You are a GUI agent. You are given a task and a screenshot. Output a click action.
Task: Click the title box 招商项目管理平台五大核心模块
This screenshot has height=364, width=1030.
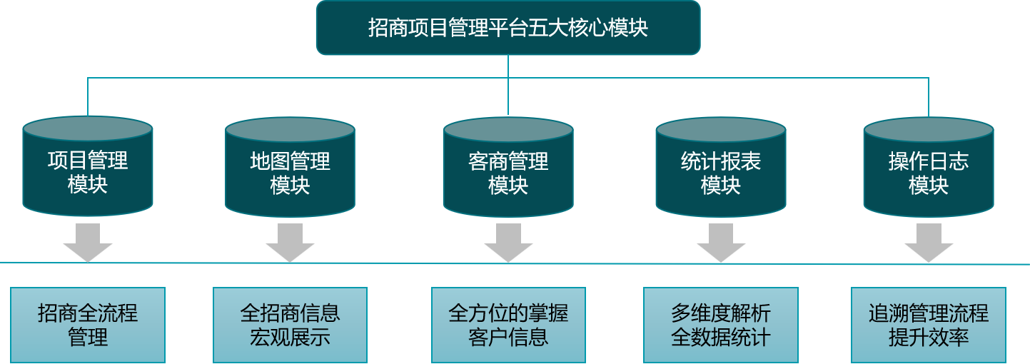click(x=508, y=28)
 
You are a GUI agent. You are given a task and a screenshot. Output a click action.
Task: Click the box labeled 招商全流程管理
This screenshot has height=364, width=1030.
click(x=88, y=325)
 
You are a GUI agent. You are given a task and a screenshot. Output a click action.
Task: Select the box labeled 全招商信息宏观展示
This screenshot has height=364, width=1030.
click(x=290, y=325)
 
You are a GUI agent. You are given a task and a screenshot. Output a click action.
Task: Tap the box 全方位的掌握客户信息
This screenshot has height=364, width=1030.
click(x=508, y=325)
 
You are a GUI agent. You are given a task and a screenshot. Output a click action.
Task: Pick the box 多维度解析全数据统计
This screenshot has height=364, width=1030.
click(x=720, y=325)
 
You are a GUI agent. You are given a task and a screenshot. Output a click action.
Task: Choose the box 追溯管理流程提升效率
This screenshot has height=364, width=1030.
click(x=928, y=325)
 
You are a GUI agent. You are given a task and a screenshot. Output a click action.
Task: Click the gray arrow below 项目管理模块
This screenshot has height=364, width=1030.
click(x=88, y=243)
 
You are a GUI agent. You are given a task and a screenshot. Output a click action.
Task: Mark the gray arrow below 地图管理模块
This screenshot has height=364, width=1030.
click(x=290, y=243)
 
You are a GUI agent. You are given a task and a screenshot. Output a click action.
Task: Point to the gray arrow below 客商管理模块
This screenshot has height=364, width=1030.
click(x=508, y=243)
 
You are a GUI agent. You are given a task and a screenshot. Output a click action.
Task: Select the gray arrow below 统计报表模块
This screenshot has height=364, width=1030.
click(x=720, y=243)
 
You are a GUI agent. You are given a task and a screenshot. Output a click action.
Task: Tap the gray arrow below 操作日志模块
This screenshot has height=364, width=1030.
click(x=928, y=243)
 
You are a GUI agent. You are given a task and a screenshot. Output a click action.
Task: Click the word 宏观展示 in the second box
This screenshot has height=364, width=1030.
click(x=290, y=337)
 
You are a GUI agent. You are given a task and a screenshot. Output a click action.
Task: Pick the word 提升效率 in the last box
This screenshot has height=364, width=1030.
click(x=928, y=337)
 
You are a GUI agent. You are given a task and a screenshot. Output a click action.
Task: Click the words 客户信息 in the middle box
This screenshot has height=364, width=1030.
click(x=508, y=337)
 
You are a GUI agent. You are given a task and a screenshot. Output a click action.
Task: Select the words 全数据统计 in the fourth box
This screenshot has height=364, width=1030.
click(x=720, y=337)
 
